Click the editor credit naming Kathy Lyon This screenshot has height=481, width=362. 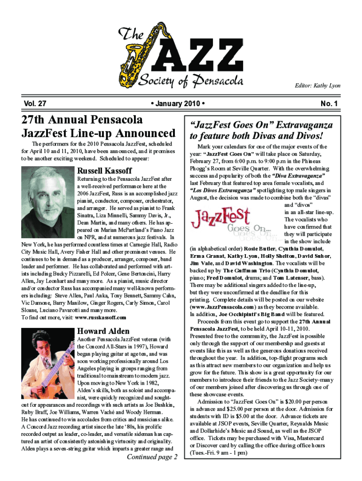(317, 86)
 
